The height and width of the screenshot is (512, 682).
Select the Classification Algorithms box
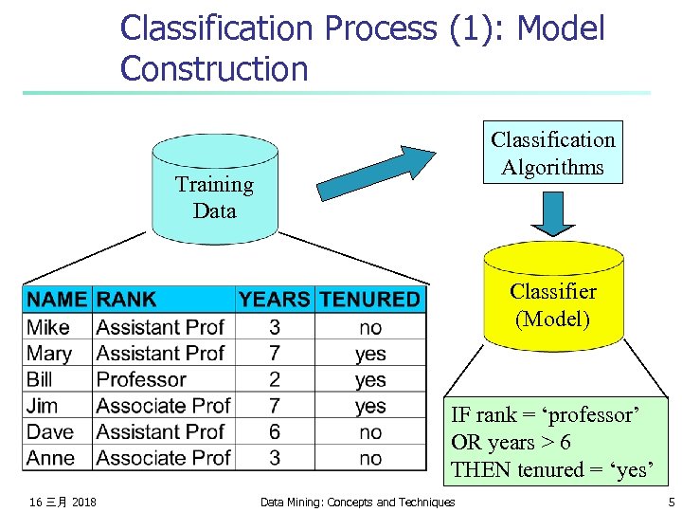pos(552,153)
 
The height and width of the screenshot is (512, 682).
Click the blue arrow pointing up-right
pos(375,172)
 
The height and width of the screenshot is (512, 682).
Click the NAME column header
pos(57,300)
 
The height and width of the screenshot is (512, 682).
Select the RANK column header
pos(127,300)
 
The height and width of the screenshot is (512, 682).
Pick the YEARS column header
pos(274,300)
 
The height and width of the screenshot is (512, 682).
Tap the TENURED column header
pos(369,300)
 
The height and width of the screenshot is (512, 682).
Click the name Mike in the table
pos(48,327)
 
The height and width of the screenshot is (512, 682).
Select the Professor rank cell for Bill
pos(141,379)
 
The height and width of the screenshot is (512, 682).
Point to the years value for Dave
pos(274,431)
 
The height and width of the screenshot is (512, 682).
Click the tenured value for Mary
pos(370,354)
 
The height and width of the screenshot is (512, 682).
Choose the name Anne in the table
pos(51,458)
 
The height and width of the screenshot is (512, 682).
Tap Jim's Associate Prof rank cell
pos(163,406)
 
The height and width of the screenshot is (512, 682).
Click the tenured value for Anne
pos(370,458)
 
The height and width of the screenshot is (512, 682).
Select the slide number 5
pos(671,502)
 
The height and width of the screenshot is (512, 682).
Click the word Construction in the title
pos(214,68)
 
